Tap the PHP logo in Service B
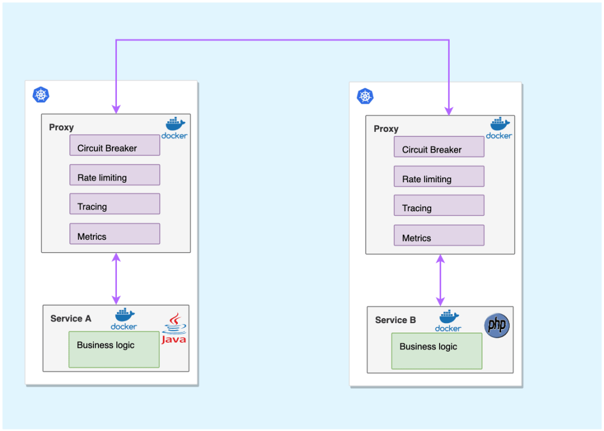coord(497,325)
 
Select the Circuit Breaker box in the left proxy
coord(115,145)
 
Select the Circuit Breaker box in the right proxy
coord(439,147)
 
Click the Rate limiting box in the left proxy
coord(115,175)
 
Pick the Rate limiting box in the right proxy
coord(439,177)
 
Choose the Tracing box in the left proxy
coord(115,204)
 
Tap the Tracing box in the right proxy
coord(439,206)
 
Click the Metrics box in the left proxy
coord(115,234)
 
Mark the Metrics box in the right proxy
coord(439,235)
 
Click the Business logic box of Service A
coord(114,349)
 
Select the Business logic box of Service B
coord(437,351)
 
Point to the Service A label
coord(70,319)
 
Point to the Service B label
coord(395,320)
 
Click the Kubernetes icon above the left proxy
coord(41,94)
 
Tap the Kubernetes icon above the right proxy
coord(365,96)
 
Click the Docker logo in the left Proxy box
coord(174,128)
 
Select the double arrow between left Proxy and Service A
coord(116,278)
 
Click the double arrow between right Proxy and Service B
coord(440,280)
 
